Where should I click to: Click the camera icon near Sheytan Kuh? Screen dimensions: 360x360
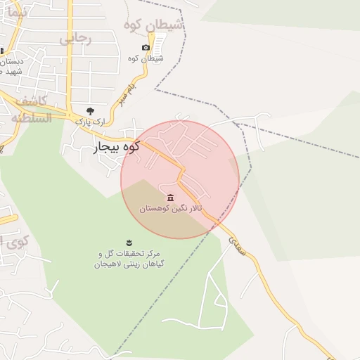[146, 48]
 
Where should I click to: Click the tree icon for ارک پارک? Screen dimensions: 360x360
[89, 110]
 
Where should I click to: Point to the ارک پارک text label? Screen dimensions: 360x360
[90, 122]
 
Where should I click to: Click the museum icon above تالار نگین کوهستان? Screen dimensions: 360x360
[169, 198]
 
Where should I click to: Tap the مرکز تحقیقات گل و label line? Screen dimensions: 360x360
[129, 253]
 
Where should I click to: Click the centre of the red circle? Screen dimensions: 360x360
[180, 180]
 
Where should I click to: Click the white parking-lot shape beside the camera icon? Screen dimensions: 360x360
[160, 45]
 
